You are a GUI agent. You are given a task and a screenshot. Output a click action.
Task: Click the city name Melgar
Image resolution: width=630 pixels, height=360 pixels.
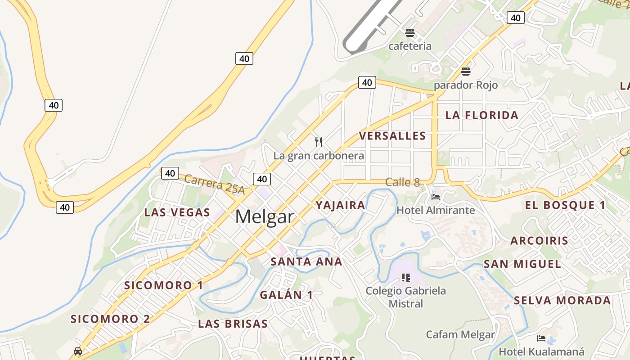265,217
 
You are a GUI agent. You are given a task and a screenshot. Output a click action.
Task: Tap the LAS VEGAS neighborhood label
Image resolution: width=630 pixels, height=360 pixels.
177,212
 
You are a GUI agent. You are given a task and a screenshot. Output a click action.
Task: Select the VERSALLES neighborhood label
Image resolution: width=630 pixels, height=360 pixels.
392,136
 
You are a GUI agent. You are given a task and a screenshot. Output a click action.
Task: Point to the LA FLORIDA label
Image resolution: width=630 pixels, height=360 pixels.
482,115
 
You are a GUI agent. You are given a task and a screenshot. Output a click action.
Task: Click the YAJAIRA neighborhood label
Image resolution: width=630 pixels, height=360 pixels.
340,205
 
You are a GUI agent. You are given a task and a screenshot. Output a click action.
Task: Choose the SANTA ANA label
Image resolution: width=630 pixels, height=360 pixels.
306,261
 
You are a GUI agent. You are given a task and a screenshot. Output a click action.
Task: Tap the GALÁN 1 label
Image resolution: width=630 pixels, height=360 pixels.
286,295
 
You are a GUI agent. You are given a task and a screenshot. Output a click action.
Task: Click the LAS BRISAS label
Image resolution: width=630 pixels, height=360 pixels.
233,324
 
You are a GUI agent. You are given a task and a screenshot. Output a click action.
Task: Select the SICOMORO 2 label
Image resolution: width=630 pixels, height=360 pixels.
110,319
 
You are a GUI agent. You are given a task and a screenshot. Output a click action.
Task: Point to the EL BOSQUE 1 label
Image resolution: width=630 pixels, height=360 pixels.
566,205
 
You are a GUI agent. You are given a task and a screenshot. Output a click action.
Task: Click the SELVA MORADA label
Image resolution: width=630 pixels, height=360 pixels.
562,300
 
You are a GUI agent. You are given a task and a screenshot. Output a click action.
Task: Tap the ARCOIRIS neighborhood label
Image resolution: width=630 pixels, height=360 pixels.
540,240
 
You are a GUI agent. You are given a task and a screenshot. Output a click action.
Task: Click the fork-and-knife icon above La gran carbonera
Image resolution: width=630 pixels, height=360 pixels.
319,142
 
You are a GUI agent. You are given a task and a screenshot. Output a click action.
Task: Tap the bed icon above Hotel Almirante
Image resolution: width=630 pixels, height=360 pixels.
435,197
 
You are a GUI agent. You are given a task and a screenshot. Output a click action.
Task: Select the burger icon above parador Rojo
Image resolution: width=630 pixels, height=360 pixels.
466,72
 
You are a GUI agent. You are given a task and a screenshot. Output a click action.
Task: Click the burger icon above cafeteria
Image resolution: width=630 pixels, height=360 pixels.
409,32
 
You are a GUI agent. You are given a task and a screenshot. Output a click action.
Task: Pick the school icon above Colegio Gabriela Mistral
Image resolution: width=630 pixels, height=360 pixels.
406,278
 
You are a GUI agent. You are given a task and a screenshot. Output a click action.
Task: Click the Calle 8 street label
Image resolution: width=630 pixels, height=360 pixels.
402,182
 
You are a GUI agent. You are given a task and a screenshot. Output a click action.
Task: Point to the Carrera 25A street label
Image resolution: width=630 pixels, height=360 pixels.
214,184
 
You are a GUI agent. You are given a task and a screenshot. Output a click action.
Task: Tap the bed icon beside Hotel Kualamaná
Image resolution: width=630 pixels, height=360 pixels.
541,338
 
